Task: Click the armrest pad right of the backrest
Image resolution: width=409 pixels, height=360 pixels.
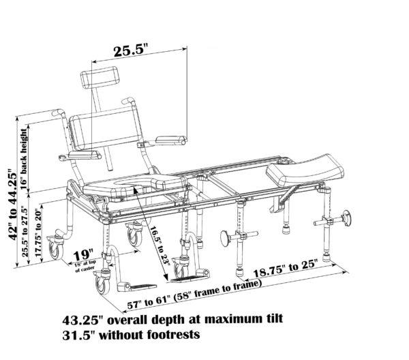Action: [170, 140]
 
